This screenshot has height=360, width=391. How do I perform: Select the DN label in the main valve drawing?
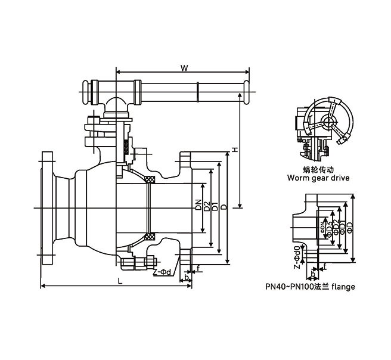pos(198,207)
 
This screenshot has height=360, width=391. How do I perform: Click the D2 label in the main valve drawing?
pos(206,207)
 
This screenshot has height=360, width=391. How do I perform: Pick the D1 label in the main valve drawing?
pos(214,207)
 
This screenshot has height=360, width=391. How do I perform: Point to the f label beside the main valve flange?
pos(198,269)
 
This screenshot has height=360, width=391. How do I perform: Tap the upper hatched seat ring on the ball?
pos(150,179)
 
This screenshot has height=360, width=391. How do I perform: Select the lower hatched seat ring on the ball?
pos(150,235)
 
